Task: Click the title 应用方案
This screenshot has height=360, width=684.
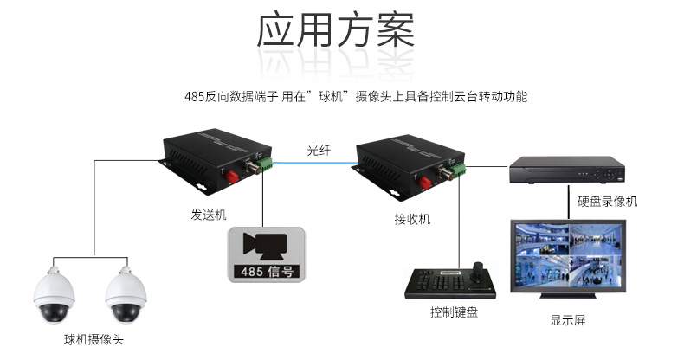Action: [335, 29]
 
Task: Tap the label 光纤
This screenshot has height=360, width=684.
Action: [319, 151]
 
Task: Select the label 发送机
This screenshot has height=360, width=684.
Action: [209, 215]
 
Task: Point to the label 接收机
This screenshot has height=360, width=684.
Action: [412, 219]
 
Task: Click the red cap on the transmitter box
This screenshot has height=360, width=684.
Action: [232, 177]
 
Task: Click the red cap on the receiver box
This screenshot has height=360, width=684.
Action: [425, 183]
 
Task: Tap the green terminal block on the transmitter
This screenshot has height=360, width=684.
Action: [265, 165]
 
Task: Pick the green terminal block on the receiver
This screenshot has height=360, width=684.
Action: [458, 170]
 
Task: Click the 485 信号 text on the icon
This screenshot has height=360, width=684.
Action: [267, 272]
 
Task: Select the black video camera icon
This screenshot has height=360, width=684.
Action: [265, 246]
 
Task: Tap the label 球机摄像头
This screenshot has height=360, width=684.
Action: [94, 339]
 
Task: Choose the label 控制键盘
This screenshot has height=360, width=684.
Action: [454, 312]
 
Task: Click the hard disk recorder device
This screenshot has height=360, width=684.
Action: [567, 170]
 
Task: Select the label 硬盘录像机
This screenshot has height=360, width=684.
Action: [607, 202]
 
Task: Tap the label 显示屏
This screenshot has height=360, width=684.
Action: [567, 320]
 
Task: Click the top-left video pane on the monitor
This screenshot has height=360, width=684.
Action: [542, 239]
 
